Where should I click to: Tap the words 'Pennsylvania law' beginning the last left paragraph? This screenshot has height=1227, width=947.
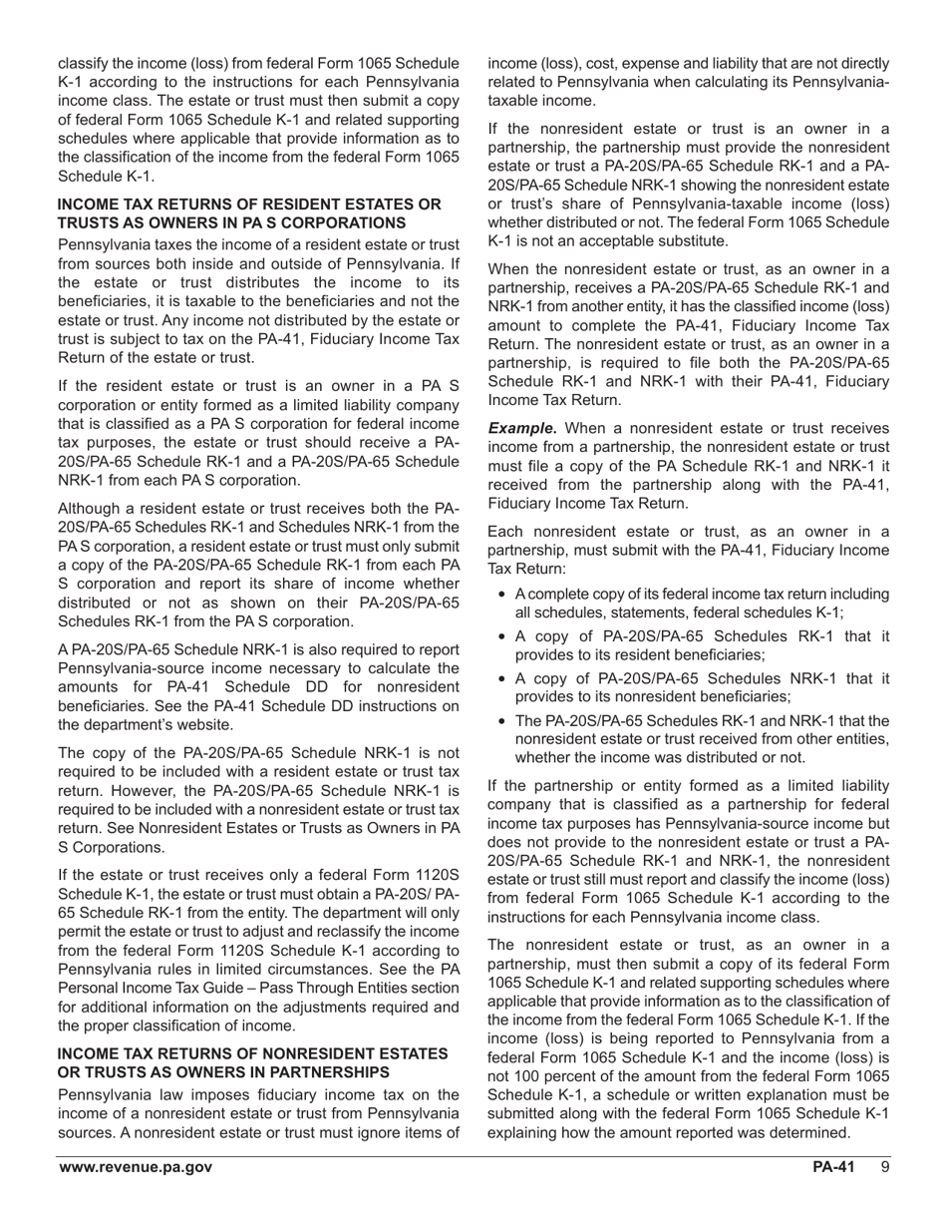(116, 1095)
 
